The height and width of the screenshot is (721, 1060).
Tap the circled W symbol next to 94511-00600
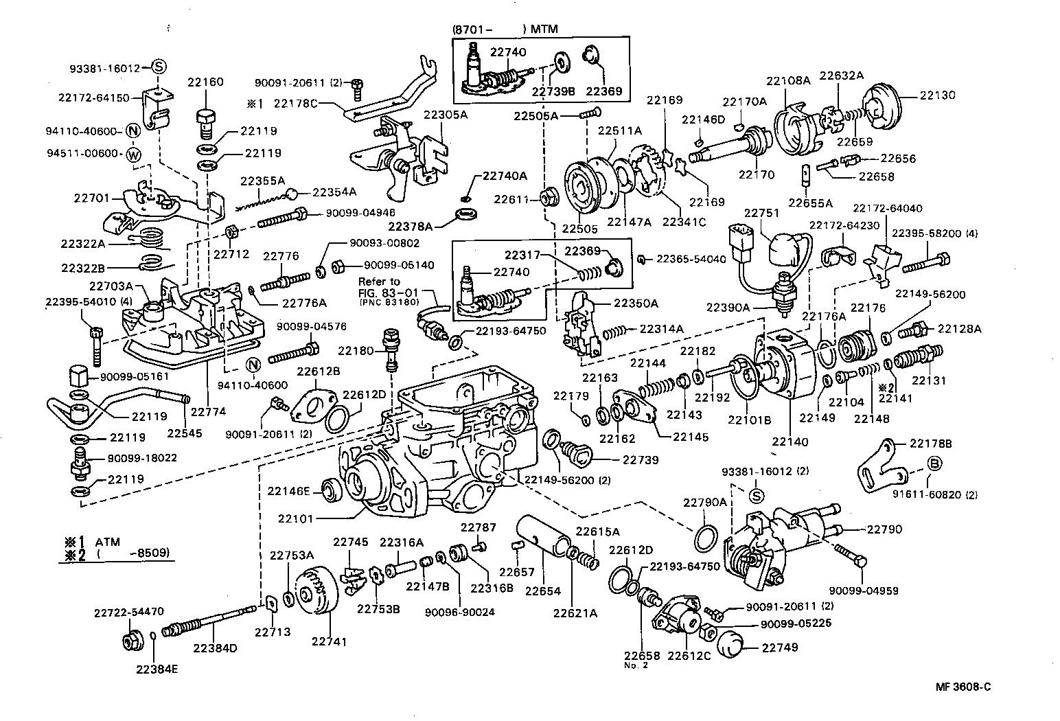(x=134, y=155)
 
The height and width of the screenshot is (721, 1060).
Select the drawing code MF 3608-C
(x=963, y=687)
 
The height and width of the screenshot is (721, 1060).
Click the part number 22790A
(x=704, y=503)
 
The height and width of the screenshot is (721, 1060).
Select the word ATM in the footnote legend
(x=107, y=541)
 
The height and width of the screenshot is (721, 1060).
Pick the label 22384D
(x=214, y=648)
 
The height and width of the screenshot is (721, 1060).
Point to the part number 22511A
(x=619, y=130)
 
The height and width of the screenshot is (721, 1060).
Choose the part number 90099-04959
(x=863, y=590)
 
